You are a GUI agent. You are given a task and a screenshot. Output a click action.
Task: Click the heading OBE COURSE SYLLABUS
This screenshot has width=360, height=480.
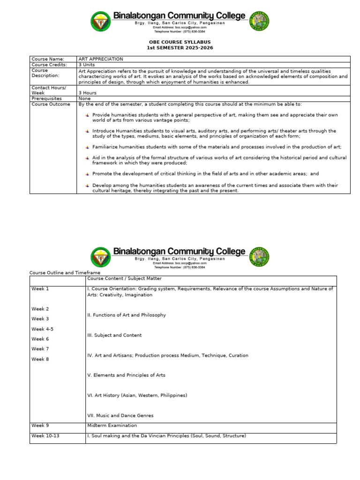click(x=180, y=42)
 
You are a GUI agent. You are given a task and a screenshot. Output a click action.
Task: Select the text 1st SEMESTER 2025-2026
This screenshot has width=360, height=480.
click(x=180, y=48)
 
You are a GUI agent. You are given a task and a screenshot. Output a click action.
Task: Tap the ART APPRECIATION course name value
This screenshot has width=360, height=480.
click(x=101, y=59)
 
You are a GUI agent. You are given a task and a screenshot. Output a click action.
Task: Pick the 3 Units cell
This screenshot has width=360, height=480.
click(x=87, y=65)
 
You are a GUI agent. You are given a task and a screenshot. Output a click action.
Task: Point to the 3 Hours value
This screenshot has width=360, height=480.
click(x=88, y=93)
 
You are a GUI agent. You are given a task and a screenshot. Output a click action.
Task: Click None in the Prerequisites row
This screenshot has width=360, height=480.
click(x=85, y=99)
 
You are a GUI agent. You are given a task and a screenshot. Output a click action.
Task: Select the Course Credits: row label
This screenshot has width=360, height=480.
click(x=49, y=65)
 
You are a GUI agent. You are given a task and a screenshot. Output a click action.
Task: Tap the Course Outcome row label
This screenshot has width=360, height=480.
click(x=51, y=105)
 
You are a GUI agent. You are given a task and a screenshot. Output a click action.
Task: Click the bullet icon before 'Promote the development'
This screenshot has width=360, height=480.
click(x=87, y=173)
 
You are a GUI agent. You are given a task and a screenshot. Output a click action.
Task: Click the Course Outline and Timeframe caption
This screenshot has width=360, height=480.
click(x=65, y=272)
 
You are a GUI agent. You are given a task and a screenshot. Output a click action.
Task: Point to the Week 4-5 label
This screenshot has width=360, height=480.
click(x=42, y=329)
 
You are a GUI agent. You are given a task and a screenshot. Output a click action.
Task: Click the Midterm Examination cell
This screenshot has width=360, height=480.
click(x=112, y=426)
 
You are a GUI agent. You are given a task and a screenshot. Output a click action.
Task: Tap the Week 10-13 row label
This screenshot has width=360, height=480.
click(x=45, y=436)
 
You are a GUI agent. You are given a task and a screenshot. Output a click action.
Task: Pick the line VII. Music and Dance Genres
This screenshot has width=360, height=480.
click(x=120, y=415)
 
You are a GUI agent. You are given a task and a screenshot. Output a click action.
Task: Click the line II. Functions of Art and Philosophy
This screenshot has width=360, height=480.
click(x=127, y=315)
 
